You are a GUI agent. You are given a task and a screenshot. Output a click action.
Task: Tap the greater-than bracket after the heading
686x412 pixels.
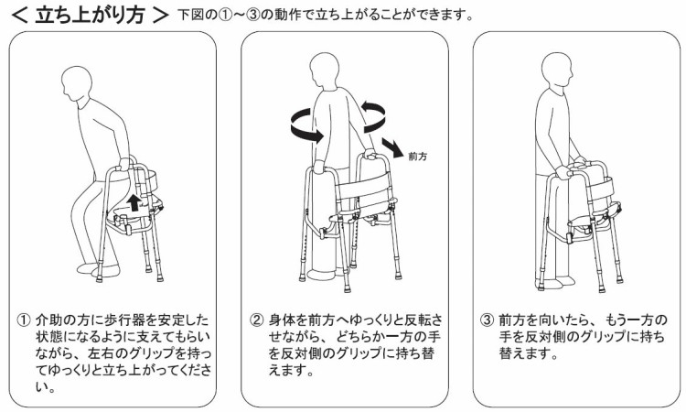coord(161,16)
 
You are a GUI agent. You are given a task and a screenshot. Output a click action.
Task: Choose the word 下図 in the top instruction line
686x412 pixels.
coord(192,16)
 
